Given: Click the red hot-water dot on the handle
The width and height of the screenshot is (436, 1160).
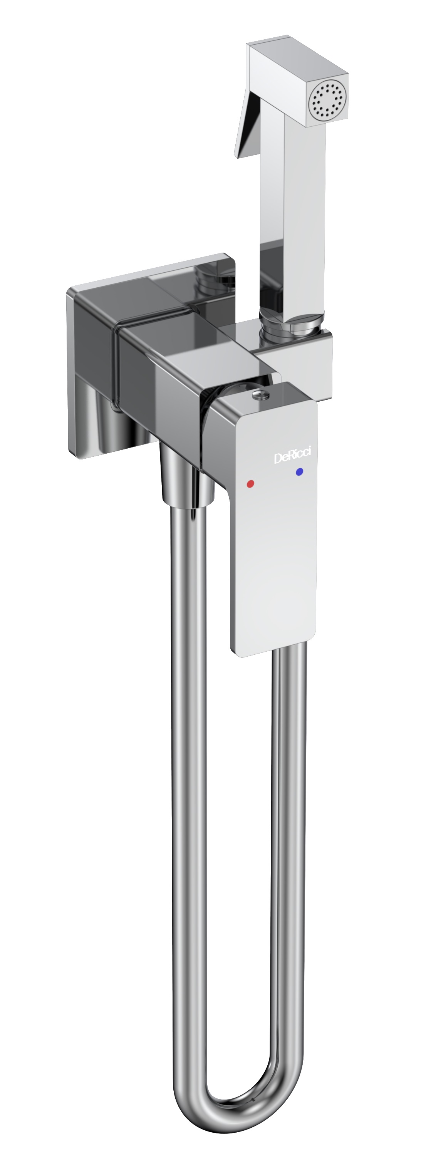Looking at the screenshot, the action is click(250, 484).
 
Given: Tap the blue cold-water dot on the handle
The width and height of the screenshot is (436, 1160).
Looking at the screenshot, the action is click(299, 472).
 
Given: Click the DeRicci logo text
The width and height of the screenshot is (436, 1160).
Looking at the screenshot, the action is click(296, 458).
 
